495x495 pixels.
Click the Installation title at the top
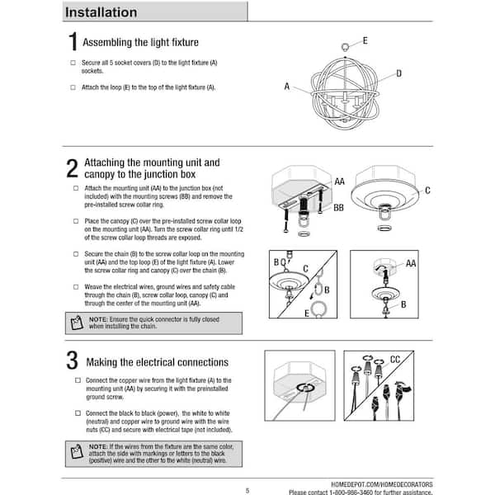(x=101, y=12)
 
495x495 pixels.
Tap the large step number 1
(x=73, y=44)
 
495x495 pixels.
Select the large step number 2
(x=73, y=168)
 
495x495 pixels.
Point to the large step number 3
(x=73, y=361)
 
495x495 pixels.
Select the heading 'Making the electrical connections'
(x=157, y=362)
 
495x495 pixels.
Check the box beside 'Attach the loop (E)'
(x=73, y=87)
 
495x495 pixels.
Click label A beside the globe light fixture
(x=287, y=86)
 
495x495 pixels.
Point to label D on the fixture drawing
(x=398, y=73)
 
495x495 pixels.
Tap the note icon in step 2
(x=77, y=323)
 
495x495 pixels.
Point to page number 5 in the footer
(x=247, y=490)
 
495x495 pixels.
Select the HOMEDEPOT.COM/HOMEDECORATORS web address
(x=386, y=483)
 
